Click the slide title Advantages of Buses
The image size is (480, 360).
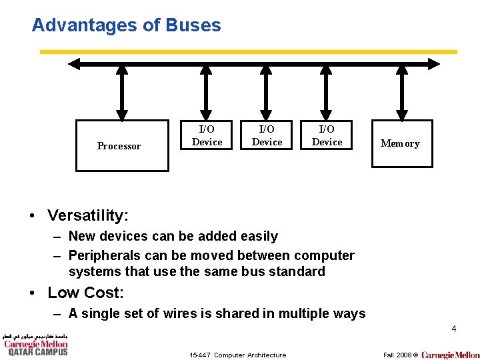tap(126, 25)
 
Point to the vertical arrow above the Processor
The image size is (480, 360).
tap(122, 93)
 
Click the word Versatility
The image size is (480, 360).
tap(87, 215)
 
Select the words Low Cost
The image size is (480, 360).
tap(86, 293)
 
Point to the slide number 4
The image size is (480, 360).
tap(453, 329)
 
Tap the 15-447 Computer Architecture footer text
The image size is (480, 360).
tap(237, 355)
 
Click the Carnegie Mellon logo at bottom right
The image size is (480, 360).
tap(450, 355)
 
